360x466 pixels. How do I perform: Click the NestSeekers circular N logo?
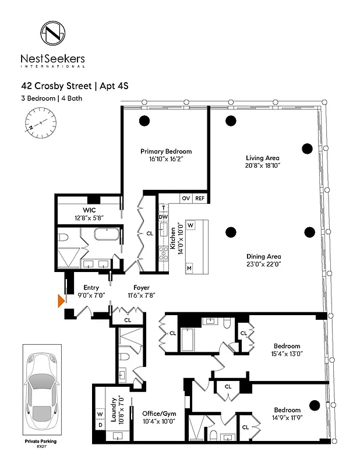tap(53, 34)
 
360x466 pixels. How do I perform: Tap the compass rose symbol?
tap(41, 123)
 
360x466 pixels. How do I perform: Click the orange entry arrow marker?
tap(61, 301)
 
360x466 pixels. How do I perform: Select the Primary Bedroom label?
tap(166, 151)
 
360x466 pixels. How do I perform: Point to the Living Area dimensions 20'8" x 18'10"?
tap(262, 166)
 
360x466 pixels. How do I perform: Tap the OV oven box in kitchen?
tap(186, 199)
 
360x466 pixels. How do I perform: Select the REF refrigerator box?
tap(200, 199)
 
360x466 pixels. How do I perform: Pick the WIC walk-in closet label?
tap(85, 210)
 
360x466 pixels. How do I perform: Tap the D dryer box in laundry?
tap(99, 426)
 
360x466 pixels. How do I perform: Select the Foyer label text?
tap(141, 288)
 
